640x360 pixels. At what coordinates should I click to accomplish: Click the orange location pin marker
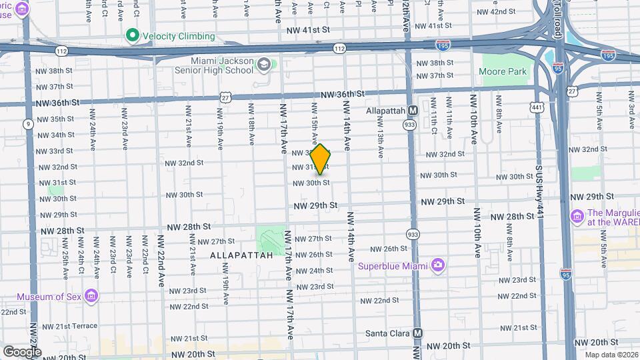pyautogui.click(x=321, y=160)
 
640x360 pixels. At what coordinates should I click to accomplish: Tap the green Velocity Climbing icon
pyautogui.click(x=132, y=36)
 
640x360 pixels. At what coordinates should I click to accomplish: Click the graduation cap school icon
pyautogui.click(x=264, y=65)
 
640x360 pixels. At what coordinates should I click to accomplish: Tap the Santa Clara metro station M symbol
pyautogui.click(x=417, y=333)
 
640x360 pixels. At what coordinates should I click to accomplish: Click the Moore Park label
pyautogui.click(x=503, y=71)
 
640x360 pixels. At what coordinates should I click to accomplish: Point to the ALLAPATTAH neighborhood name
pyautogui.click(x=241, y=255)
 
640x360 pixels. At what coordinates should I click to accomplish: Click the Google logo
pyautogui.click(x=22, y=351)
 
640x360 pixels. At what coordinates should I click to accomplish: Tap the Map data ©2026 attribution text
pyautogui.click(x=611, y=354)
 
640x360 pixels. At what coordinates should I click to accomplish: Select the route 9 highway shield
pyautogui.click(x=28, y=123)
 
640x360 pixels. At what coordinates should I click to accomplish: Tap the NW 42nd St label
pyautogui.click(x=494, y=12)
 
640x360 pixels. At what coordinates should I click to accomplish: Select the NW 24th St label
pyautogui.click(x=314, y=271)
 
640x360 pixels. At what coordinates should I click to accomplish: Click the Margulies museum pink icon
pyautogui.click(x=577, y=216)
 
